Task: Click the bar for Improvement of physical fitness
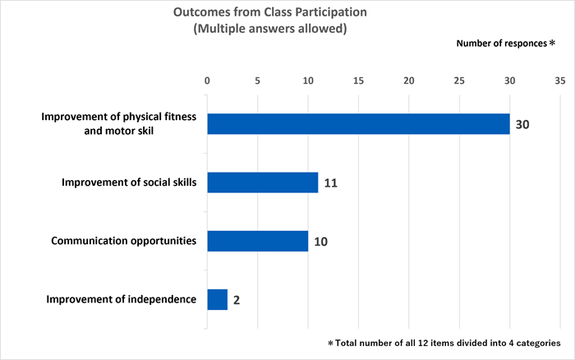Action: (x=358, y=124)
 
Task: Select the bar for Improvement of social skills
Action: (x=262, y=182)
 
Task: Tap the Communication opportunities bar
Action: (x=257, y=241)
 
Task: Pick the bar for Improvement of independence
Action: (x=217, y=299)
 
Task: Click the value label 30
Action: (x=522, y=124)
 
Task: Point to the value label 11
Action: (x=331, y=182)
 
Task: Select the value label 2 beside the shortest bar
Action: (x=237, y=300)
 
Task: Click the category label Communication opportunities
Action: (x=123, y=241)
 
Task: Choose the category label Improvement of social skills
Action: (x=129, y=182)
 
